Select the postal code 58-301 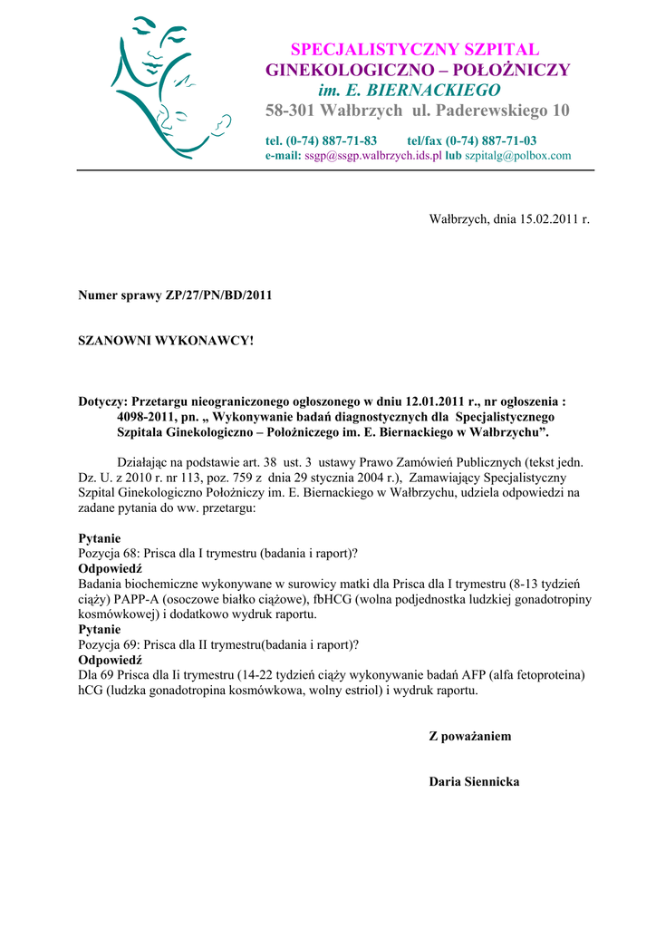(x=293, y=111)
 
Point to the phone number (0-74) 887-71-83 (x=332, y=140)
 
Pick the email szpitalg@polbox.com (x=518, y=155)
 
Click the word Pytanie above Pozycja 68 (x=100, y=538)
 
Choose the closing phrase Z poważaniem (x=469, y=736)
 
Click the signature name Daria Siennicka (x=474, y=781)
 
